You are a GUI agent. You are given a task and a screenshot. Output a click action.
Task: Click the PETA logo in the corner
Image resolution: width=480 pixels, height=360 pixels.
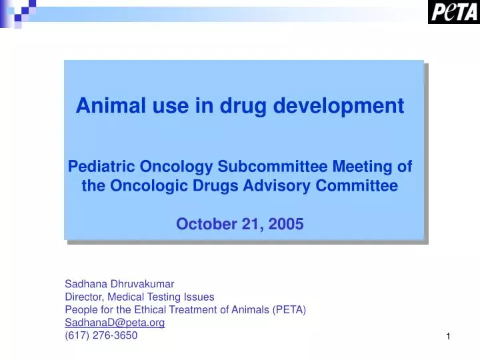453,12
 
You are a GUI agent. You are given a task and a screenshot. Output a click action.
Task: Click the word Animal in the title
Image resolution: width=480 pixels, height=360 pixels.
106,106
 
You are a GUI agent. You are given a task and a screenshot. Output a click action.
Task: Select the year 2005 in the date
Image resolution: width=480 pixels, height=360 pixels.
286,224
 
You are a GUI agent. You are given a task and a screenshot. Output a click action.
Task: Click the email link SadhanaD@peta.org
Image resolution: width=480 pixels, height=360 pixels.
115,323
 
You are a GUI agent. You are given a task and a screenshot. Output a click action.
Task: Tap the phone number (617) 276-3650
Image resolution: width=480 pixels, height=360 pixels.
101,335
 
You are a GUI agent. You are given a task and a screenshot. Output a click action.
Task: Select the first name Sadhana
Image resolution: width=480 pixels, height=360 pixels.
84,283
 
